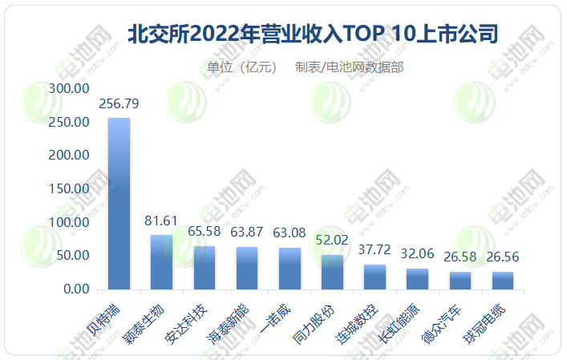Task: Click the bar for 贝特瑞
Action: click(119, 204)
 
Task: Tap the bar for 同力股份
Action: click(332, 272)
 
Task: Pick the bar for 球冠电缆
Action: click(503, 281)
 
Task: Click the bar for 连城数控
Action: click(375, 277)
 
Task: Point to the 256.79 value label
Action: click(119, 104)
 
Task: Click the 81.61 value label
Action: click(161, 220)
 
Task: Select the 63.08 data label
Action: click(290, 233)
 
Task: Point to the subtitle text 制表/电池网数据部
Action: click(349, 67)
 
